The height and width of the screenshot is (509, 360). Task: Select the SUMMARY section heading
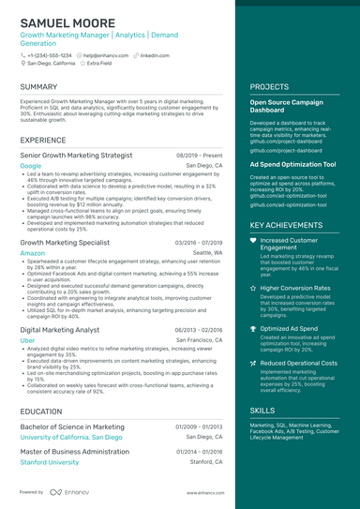pyautogui.click(x=38, y=87)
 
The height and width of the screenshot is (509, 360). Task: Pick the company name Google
pyautogui.click(x=31, y=165)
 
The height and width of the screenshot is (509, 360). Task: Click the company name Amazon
pyautogui.click(x=32, y=253)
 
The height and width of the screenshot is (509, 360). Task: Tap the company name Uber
pyautogui.click(x=27, y=340)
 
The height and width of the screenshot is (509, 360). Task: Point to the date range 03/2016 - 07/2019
pyautogui.click(x=198, y=242)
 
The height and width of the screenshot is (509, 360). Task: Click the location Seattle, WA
pyautogui.click(x=207, y=253)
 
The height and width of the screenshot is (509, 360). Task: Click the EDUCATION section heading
pyautogui.click(x=41, y=411)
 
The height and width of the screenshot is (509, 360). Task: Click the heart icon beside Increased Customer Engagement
pyautogui.click(x=253, y=241)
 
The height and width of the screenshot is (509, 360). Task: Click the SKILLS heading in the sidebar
pyautogui.click(x=262, y=411)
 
